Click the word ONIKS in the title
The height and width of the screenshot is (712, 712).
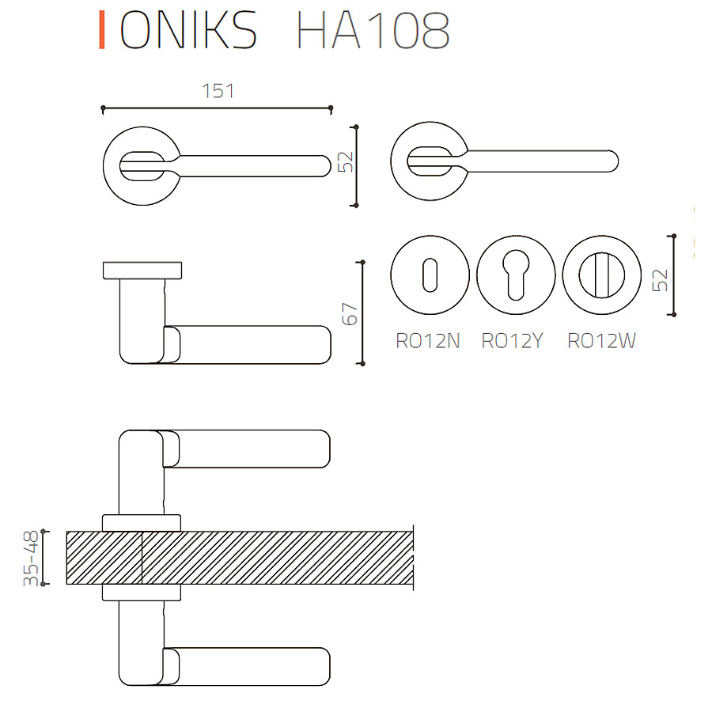(x=188, y=32)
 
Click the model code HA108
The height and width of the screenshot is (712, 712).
(x=373, y=32)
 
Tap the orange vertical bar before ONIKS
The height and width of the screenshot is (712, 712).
(x=101, y=32)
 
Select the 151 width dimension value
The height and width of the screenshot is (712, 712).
(x=218, y=91)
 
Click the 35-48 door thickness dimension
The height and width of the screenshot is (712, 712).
(x=32, y=559)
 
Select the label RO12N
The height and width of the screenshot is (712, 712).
(x=428, y=342)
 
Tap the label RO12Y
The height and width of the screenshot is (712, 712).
(x=513, y=342)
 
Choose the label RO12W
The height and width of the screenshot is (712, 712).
(x=602, y=342)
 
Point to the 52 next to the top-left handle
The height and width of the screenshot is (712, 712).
(x=345, y=162)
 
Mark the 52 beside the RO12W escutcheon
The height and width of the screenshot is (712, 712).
(x=661, y=279)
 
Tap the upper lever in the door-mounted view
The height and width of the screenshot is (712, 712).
(x=245, y=449)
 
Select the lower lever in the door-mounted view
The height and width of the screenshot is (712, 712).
(x=245, y=666)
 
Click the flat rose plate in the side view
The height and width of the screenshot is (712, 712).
(x=143, y=270)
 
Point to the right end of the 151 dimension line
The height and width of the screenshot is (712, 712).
(x=331, y=107)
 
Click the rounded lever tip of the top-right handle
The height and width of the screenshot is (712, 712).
(x=609, y=161)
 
